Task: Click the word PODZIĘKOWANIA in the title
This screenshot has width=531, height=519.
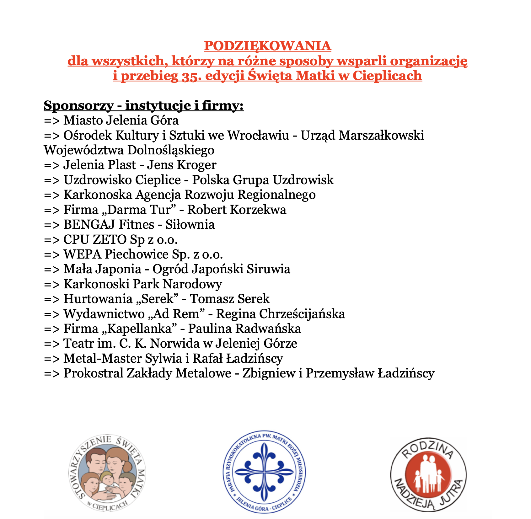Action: click(267, 46)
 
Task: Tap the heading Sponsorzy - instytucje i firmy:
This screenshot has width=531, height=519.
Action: click(143, 105)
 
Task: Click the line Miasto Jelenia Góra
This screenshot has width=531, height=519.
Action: click(121, 120)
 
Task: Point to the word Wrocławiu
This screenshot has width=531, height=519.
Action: click(258, 135)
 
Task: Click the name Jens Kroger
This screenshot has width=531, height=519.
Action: click(182, 165)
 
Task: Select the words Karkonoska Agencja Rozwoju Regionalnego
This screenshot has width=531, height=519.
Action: click(189, 195)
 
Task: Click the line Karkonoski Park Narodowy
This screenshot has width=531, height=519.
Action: click(142, 284)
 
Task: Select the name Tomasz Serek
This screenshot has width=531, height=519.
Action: click(230, 299)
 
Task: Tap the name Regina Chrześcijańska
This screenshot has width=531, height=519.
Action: click(280, 314)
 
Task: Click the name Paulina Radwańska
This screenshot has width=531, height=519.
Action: click(244, 329)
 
